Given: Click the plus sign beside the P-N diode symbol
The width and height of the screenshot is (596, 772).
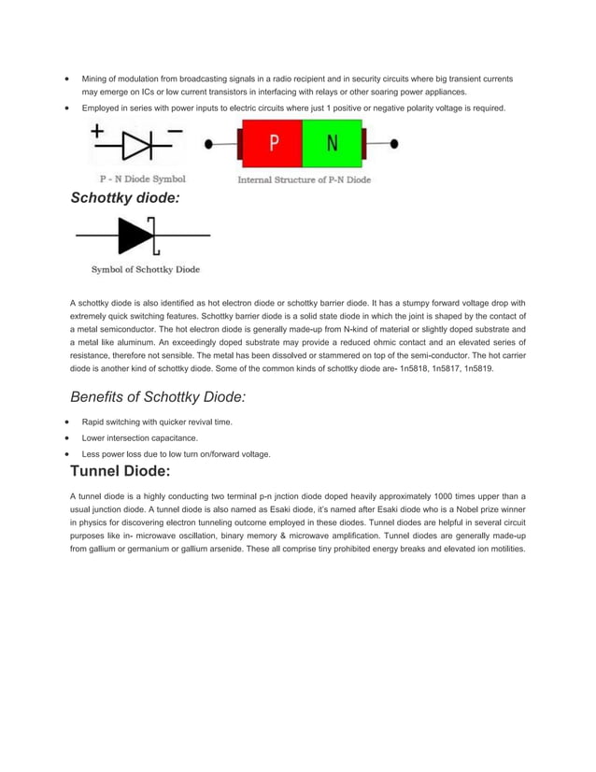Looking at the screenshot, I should click(x=98, y=132).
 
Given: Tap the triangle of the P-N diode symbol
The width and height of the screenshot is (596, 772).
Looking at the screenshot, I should click(x=136, y=148).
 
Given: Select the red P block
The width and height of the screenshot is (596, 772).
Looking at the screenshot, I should click(x=274, y=144).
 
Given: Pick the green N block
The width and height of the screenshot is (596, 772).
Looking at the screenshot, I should click(x=333, y=144).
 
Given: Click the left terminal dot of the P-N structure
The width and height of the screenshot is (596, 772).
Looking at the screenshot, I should click(x=208, y=145).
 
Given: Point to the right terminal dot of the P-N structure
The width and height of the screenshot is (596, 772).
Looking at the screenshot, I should click(x=395, y=145).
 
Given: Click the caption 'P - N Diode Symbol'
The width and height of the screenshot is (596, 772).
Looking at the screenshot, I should click(x=143, y=179).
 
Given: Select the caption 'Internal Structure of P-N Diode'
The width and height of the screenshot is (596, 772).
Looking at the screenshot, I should click(x=304, y=179).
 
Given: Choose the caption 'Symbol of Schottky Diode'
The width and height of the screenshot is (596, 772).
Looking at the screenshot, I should click(x=145, y=270).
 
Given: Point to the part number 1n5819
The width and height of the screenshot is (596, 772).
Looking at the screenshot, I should click(x=478, y=369).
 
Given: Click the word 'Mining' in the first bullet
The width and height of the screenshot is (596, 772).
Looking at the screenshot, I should click(x=94, y=79).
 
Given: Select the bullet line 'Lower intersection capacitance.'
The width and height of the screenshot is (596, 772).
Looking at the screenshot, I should click(x=139, y=437).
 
